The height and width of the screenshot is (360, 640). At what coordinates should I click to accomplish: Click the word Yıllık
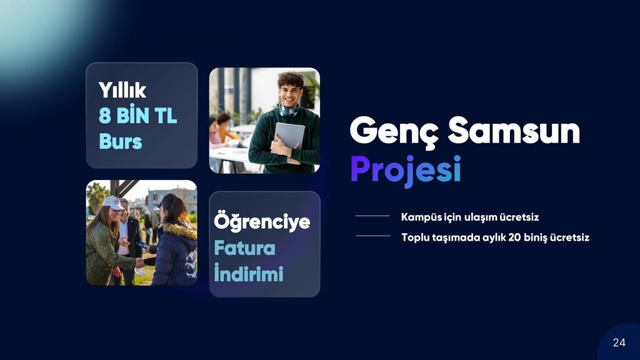[x=122, y=90]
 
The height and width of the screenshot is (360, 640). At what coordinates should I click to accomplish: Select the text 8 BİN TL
[x=138, y=116]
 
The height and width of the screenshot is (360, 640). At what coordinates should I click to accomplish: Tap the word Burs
[x=121, y=141]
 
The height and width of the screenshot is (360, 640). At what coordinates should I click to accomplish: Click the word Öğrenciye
[x=262, y=222]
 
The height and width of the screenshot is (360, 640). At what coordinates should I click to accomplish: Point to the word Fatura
[x=244, y=248]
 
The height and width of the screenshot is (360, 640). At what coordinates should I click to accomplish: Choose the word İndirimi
[x=249, y=272]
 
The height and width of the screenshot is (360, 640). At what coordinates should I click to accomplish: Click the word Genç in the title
[x=394, y=131]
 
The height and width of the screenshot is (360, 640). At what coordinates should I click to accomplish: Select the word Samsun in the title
[x=514, y=130]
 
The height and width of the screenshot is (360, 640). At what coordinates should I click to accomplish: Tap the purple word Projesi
[x=406, y=170]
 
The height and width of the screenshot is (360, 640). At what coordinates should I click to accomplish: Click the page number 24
[x=619, y=342]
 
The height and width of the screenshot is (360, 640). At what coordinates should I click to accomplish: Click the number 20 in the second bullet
[x=514, y=237]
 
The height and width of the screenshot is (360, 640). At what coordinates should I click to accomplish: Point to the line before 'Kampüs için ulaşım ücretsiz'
[x=372, y=216]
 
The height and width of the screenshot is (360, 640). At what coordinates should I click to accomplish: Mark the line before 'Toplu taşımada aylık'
[x=372, y=236]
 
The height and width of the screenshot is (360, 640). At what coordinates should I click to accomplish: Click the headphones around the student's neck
[x=288, y=110]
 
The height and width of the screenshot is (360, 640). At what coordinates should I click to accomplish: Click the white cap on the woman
[x=112, y=202]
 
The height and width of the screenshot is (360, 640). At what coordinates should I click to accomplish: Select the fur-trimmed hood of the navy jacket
[x=179, y=231]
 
